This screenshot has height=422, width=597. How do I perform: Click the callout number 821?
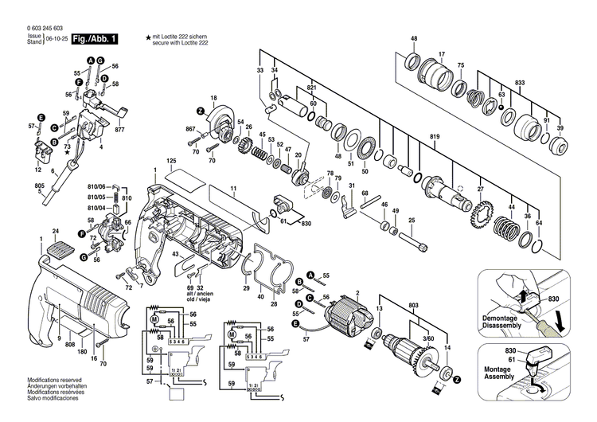pyautogui.click(x=312, y=87)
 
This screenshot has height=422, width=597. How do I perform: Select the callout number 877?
pyautogui.click(x=120, y=130)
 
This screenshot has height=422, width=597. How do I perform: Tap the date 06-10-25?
pyautogui.click(x=55, y=38)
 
